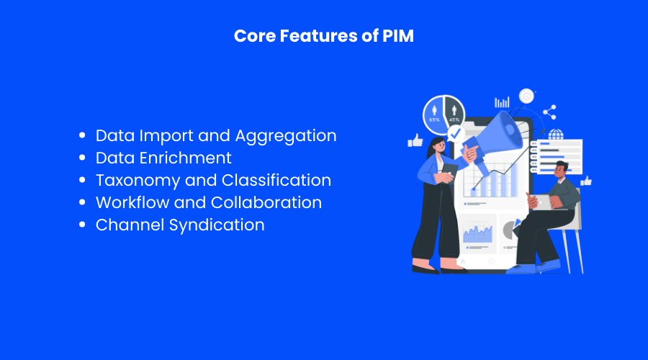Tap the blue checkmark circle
point(455,134)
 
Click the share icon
point(550,112)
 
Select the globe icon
point(555,135)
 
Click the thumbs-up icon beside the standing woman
point(415,140)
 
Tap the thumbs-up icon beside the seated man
point(585,181)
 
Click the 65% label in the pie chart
point(434,119)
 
